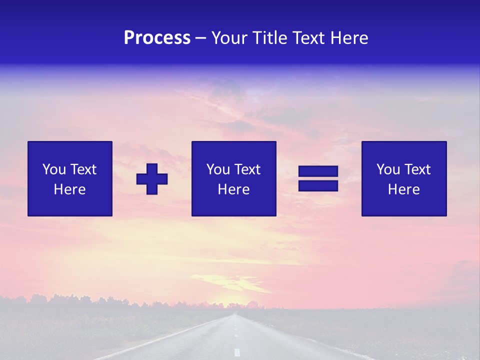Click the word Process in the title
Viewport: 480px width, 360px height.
pyautogui.click(x=157, y=38)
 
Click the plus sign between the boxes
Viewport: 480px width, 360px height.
pyautogui.click(x=152, y=179)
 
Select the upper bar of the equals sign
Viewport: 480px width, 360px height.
pyautogui.click(x=318, y=171)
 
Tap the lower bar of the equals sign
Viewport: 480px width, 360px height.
pyautogui.click(x=318, y=186)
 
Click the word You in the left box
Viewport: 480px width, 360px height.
pyautogui.click(x=54, y=169)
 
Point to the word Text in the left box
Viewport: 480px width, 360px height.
pyautogui.click(x=82, y=169)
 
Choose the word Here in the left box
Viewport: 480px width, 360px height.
pyautogui.click(x=69, y=189)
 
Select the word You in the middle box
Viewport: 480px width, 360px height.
pyautogui.click(x=218, y=169)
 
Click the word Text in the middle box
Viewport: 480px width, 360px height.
pyautogui.click(x=246, y=169)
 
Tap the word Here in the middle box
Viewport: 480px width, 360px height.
pyautogui.click(x=233, y=189)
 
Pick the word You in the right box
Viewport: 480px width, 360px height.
pyautogui.click(x=388, y=169)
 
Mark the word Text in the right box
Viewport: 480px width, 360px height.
pyautogui.click(x=416, y=169)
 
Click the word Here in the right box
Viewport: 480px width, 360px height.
pyautogui.click(x=403, y=189)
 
